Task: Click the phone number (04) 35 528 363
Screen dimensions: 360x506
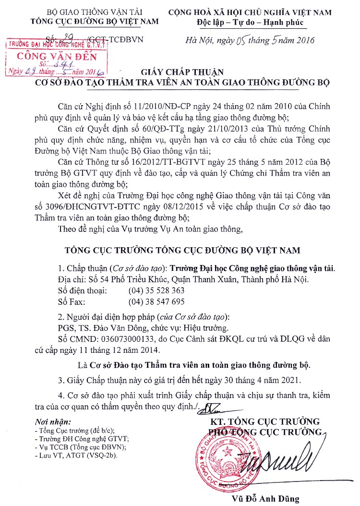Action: (x=156, y=290)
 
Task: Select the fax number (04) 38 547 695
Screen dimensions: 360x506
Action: (x=156, y=301)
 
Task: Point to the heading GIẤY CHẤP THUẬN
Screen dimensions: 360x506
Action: (x=182, y=72)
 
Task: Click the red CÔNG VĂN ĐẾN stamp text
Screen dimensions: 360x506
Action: (x=57, y=56)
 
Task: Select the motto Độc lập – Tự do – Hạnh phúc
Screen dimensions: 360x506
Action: (x=256, y=22)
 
